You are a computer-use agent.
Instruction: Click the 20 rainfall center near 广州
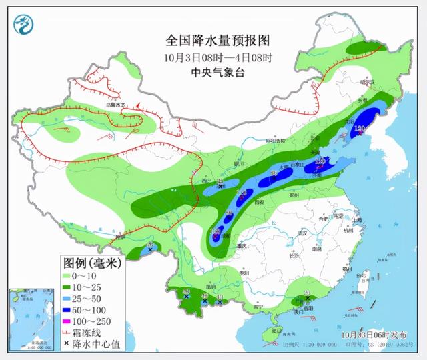pos(307,293)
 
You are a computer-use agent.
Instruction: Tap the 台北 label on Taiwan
pos(363,274)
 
